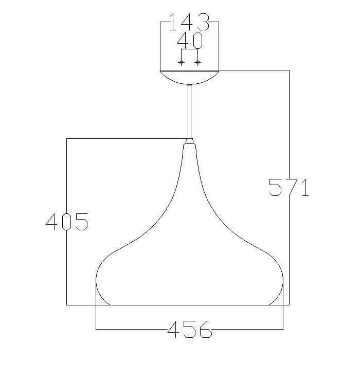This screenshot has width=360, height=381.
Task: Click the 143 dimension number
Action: [189, 22]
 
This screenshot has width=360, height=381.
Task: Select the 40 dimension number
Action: [190, 40]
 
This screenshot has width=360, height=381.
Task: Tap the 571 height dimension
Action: [289, 187]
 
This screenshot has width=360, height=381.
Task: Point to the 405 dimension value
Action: [67, 222]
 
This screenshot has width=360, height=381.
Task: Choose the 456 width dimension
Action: [190, 329]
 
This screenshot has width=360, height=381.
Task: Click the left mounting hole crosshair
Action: [181, 63]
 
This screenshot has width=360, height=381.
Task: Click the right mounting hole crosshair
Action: [198, 63]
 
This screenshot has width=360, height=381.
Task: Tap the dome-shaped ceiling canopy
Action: [190, 77]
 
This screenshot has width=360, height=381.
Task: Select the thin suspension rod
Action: [189, 112]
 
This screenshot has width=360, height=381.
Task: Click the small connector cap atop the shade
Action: [189, 141]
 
